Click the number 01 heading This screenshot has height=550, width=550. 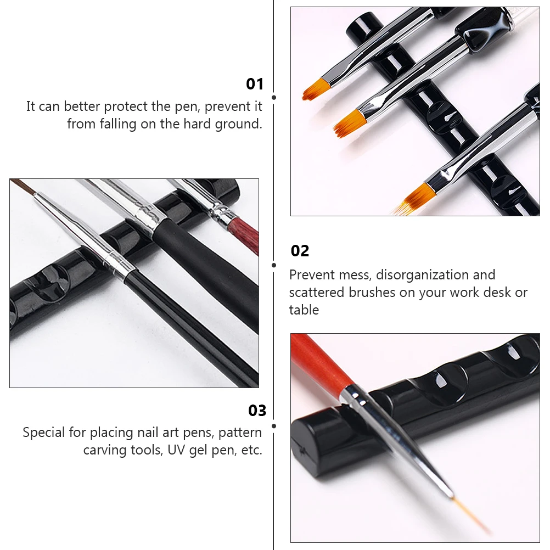[255, 84]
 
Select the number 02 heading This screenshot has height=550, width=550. [300, 251]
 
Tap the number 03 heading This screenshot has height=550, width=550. [257, 411]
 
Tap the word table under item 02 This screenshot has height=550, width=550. [304, 310]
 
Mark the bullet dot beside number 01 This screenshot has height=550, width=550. [274, 97]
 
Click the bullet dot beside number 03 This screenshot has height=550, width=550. [274, 425]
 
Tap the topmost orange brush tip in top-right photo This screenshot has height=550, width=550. [315, 89]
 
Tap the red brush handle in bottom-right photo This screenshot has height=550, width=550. [321, 363]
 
